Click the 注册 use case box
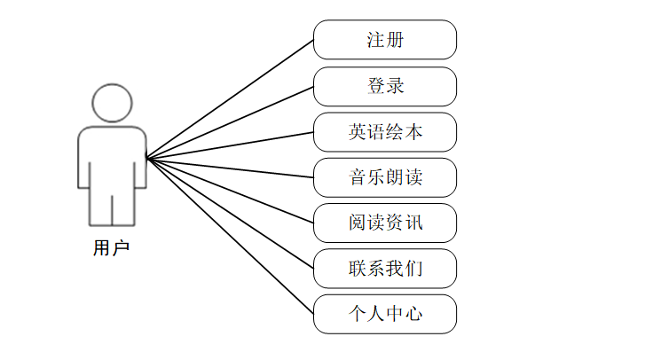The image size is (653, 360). [385, 40]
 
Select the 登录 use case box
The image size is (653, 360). [385, 86]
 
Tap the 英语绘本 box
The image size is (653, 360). [385, 132]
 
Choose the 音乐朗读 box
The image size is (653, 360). [385, 177]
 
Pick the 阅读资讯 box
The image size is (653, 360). [385, 223]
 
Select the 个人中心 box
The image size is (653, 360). [385, 314]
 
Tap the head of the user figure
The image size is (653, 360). [112, 103]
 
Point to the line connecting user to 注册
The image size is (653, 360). [231, 99]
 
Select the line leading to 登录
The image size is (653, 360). [231, 122]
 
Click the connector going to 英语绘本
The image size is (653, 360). [231, 145]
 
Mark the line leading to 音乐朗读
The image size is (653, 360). [231, 168]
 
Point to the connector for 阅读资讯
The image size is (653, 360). [231, 191]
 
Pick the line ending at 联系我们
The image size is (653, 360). [231, 214]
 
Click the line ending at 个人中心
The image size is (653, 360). [231, 237]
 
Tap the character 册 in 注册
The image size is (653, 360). [395, 40]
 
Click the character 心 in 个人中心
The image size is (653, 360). [413, 314]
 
